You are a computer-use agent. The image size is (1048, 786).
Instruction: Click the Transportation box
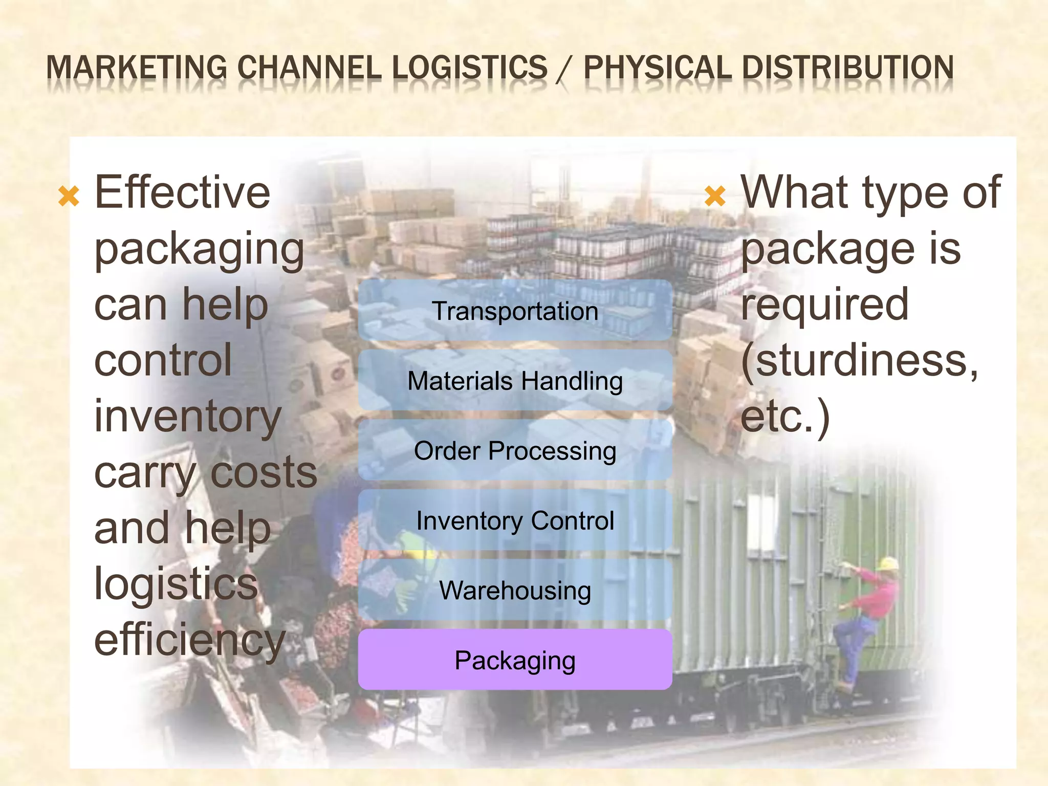coord(515,311)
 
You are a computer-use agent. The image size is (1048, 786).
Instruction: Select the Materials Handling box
coord(515,381)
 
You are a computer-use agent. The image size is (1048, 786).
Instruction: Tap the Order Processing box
coord(515,451)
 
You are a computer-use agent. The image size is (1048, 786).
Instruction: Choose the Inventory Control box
coord(515,520)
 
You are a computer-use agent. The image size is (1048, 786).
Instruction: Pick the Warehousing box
coord(515,591)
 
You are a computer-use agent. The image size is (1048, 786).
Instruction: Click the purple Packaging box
coord(515,660)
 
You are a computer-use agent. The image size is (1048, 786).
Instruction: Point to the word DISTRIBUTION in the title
coord(848,68)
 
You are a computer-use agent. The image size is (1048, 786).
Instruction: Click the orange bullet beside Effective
coord(69,196)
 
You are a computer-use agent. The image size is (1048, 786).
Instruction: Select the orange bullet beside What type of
coord(715,196)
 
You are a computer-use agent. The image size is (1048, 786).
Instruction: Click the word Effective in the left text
coord(182,192)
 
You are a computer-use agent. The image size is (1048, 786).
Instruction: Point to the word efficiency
coord(189,641)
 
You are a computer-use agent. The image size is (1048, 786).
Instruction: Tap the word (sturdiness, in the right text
coord(860,361)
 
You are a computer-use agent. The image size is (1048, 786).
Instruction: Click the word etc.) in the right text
coord(785,417)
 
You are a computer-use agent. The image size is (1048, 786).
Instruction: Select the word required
coord(825,304)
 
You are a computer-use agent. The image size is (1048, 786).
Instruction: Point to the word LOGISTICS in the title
coord(470,68)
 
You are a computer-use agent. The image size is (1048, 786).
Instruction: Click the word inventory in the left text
coord(188,417)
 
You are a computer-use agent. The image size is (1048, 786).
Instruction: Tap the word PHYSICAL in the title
coord(658,68)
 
